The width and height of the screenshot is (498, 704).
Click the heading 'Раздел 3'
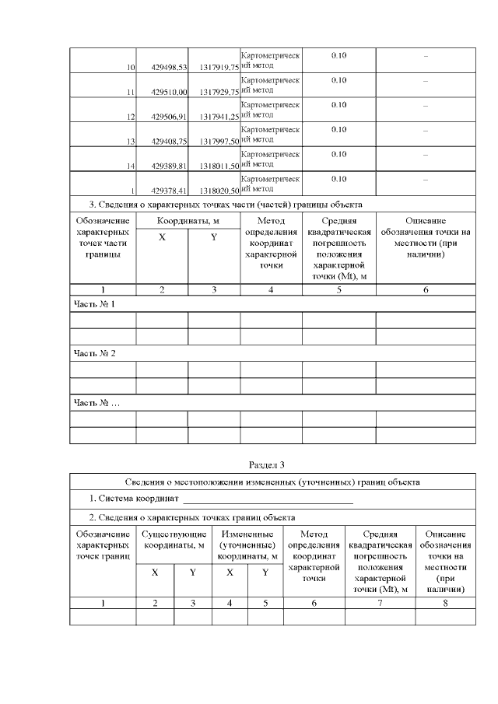pyautogui.click(x=267, y=465)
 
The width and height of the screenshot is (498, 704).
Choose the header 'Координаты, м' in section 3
pyautogui.click(x=188, y=222)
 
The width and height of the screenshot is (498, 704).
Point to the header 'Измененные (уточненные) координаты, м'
pyautogui.click(x=247, y=545)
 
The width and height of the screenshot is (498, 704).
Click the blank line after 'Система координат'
pyautogui.click(x=268, y=499)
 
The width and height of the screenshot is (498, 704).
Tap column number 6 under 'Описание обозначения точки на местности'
pyautogui.click(x=426, y=289)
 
